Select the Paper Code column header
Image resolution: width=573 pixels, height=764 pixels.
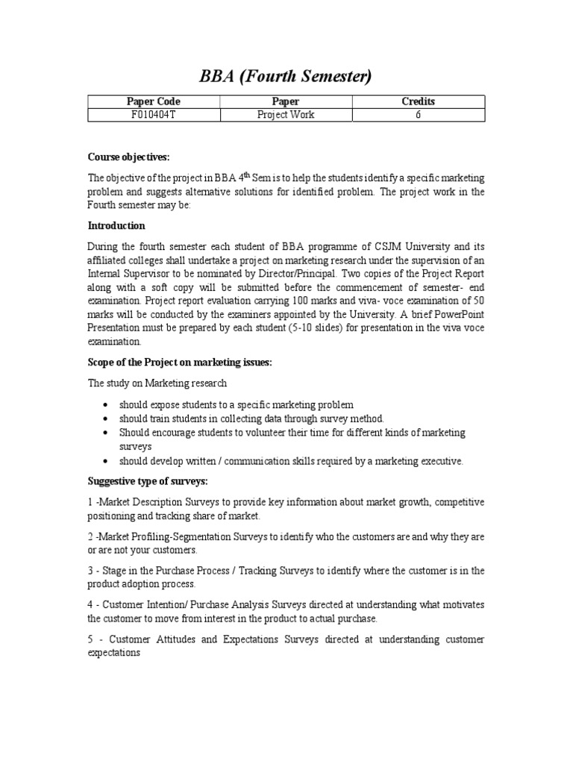click(x=154, y=101)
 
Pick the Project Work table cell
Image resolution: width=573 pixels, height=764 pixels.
click(x=286, y=114)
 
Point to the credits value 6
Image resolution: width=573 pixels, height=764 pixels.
click(x=418, y=114)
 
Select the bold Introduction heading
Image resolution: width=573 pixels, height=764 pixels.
click(x=116, y=225)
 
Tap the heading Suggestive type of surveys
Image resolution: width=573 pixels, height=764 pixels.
click(x=148, y=481)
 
